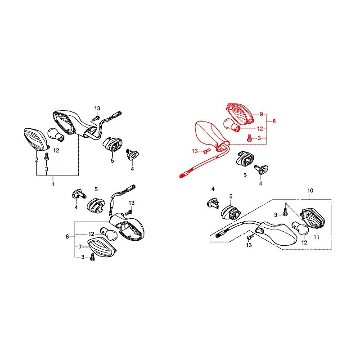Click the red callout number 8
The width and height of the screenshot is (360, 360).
pyautogui.click(x=274, y=121)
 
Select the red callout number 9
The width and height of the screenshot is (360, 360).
pyautogui.click(x=261, y=114)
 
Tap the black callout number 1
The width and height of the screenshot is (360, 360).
pyautogui.click(x=53, y=184)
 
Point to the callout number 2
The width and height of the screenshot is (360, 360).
pyautogui.click(x=37, y=159)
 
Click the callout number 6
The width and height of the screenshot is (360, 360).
pyautogui.click(x=67, y=237)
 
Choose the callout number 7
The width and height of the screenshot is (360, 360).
pyautogui.click(x=80, y=247)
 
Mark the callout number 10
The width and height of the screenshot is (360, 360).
pyautogui.click(x=310, y=190)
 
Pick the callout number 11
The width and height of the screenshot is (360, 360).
pyautogui.click(x=316, y=237)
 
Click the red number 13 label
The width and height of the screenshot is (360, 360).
pyautogui.click(x=195, y=151)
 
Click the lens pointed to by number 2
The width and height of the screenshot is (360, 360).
pyautogui.click(x=37, y=140)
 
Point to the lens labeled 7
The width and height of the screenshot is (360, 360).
pyautogui.click(x=101, y=248)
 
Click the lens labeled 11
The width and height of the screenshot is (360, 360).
pyautogui.click(x=313, y=218)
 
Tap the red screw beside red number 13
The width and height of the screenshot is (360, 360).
pyautogui.click(x=207, y=151)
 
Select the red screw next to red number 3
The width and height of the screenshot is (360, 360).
pyautogui.click(x=249, y=138)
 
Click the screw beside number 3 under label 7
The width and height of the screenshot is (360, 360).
pyautogui.click(x=93, y=257)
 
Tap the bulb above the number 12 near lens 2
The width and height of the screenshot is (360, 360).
pyautogui.click(x=56, y=135)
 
